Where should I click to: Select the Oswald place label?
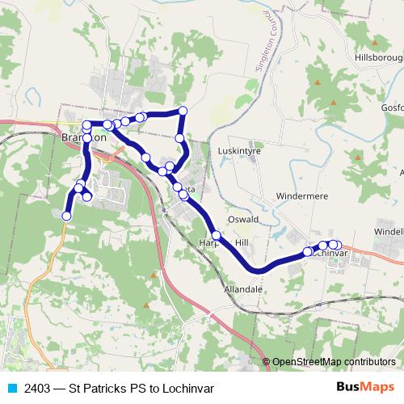242,219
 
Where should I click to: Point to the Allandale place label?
239,288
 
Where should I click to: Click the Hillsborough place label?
379,58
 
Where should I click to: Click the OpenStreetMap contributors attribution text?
335,361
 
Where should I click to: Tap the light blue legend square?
11,388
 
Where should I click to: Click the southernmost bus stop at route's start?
67,216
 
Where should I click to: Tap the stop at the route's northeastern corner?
183,110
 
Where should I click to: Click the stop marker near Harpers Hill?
216,235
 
